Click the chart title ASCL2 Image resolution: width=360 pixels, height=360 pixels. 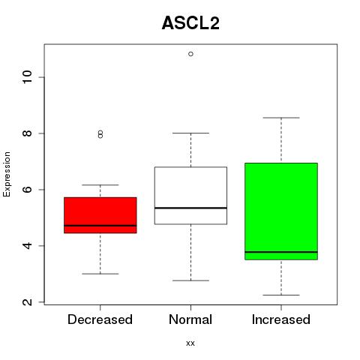(190, 23)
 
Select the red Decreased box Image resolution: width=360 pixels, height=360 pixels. (100, 215)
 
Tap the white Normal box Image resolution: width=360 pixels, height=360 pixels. (190, 196)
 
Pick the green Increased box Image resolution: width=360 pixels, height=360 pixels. (281, 211)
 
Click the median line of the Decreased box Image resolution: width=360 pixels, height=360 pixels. (100, 226)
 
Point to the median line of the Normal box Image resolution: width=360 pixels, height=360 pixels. (190, 208)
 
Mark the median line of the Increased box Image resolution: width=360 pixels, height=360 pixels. (281, 252)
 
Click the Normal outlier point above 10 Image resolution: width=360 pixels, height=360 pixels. (190, 54)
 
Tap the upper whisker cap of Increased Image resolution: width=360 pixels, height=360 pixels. (281, 118)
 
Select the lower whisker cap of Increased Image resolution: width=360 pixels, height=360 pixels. (281, 295)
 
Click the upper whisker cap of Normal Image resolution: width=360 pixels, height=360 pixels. (190, 133)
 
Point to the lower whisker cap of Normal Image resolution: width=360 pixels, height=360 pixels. (190, 280)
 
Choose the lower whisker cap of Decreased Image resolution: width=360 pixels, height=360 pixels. (100, 274)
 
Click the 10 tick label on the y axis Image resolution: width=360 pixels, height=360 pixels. (28, 77)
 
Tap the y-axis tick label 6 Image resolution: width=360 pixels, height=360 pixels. (28, 189)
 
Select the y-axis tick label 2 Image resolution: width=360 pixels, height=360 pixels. (28, 301)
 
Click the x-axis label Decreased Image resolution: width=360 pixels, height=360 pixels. (100, 319)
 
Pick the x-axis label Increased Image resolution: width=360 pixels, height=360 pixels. (281, 319)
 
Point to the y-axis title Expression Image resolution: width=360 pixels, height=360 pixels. (7, 174)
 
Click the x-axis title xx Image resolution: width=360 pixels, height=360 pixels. (190, 343)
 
